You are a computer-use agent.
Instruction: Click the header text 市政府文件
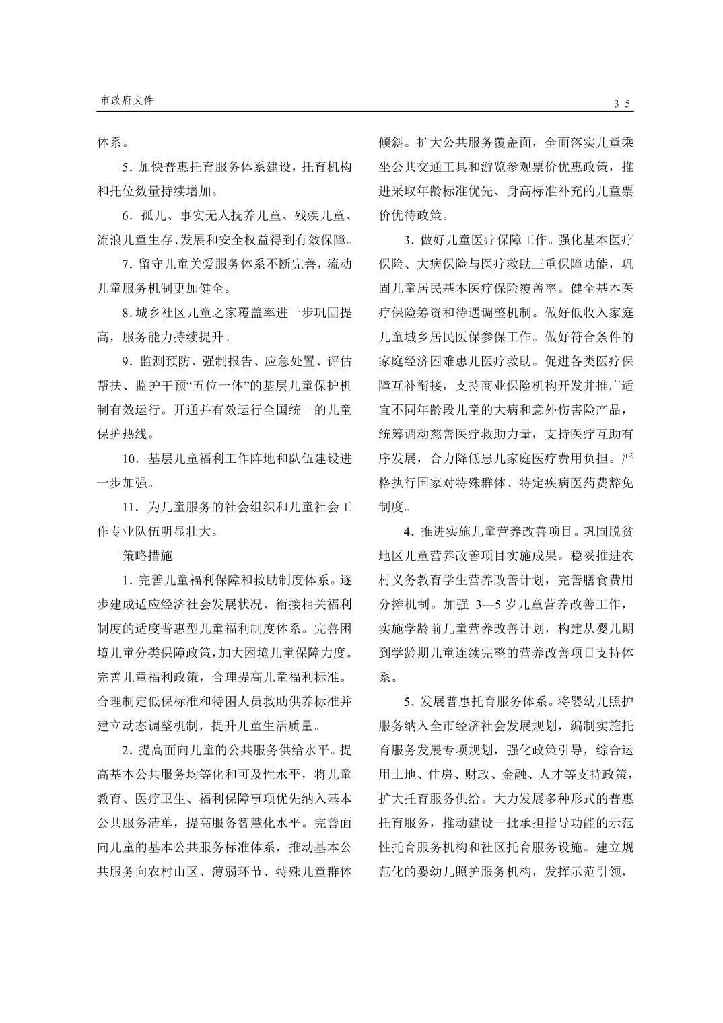click(127, 100)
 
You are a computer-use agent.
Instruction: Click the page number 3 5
click(621, 104)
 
